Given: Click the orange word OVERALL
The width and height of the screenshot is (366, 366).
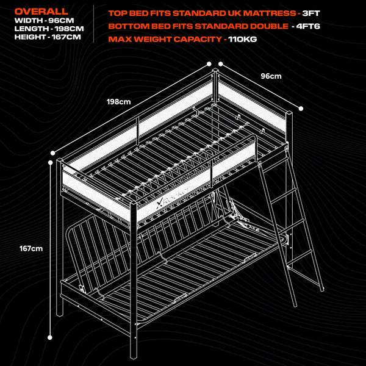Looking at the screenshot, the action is (41, 12).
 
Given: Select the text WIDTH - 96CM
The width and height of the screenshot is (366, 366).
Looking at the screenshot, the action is (44, 21).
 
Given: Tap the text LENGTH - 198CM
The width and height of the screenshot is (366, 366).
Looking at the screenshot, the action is (49, 29).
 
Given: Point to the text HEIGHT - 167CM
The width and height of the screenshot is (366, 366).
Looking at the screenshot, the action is (48, 37).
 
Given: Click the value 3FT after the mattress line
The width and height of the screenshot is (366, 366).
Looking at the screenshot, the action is (311, 13).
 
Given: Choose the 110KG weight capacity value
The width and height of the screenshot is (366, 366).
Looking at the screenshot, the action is (243, 39).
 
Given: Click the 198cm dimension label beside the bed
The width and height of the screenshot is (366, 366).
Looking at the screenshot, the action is (119, 102).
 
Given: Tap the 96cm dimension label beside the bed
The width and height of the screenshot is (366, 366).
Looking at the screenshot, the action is (271, 76).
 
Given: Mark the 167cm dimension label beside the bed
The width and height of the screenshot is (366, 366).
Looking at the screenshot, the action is (31, 249).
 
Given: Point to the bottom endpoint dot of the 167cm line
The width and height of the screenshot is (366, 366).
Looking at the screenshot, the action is (50, 337).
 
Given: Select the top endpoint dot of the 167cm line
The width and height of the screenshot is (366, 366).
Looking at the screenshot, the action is (51, 162).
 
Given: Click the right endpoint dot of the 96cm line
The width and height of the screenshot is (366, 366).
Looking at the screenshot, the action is (301, 109).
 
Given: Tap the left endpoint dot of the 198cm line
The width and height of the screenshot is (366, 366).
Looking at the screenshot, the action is (53, 153).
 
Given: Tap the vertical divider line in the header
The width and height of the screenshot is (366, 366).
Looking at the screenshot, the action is (94, 24).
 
